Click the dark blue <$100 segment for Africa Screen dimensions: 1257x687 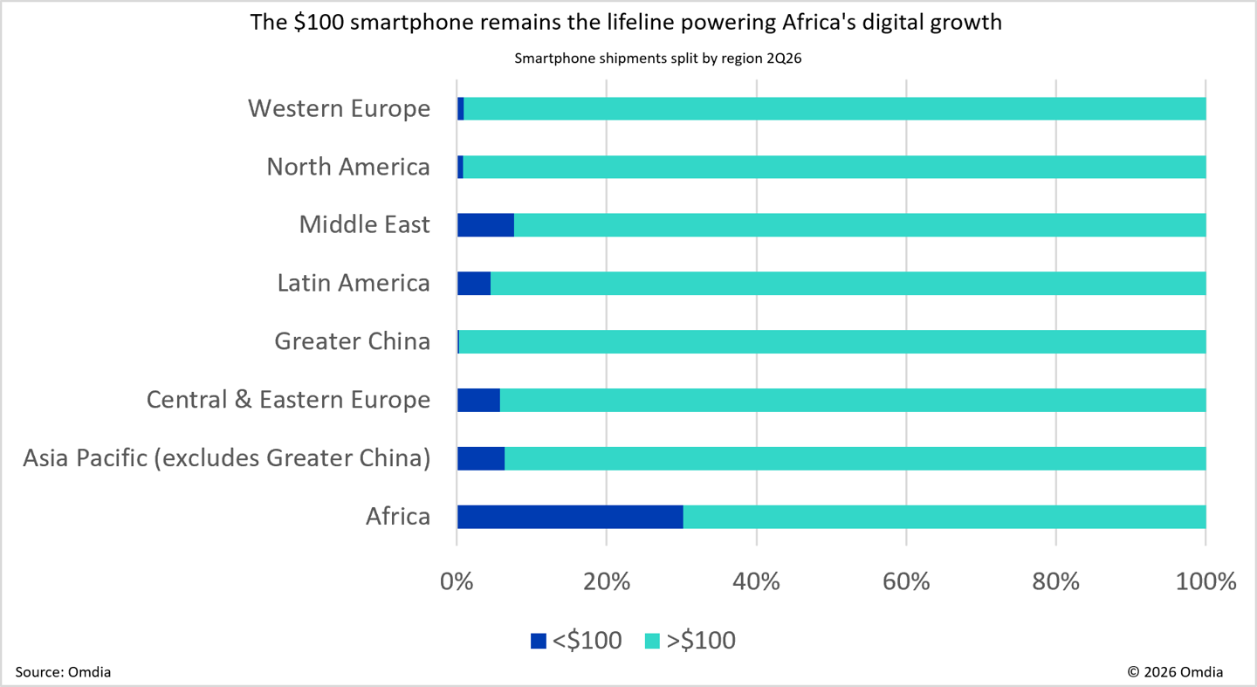click(570, 517)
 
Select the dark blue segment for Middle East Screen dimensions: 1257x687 click(485, 224)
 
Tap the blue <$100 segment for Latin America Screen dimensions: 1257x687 click(474, 283)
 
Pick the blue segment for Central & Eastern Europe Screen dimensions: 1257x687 click(478, 400)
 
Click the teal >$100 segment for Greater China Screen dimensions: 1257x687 click(832, 341)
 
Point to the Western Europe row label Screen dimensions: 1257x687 click(339, 108)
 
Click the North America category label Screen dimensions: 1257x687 click(348, 167)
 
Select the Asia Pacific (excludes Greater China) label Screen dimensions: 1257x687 click(227, 458)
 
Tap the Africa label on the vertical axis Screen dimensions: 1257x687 click(398, 517)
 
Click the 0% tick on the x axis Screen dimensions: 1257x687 click(457, 581)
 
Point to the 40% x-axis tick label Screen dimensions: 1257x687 click(756, 581)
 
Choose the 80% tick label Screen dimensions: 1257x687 click(1055, 581)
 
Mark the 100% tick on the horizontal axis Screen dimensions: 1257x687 click(1205, 581)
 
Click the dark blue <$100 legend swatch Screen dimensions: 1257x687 click(538, 641)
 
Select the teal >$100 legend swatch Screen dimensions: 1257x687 click(652, 641)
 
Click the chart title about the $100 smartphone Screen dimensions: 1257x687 click(626, 23)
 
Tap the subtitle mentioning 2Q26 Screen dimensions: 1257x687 click(657, 58)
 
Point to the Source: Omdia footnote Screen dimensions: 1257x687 click(63, 672)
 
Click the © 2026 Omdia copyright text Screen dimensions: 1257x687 click(1175, 672)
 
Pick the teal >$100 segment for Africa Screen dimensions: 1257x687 click(944, 517)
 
